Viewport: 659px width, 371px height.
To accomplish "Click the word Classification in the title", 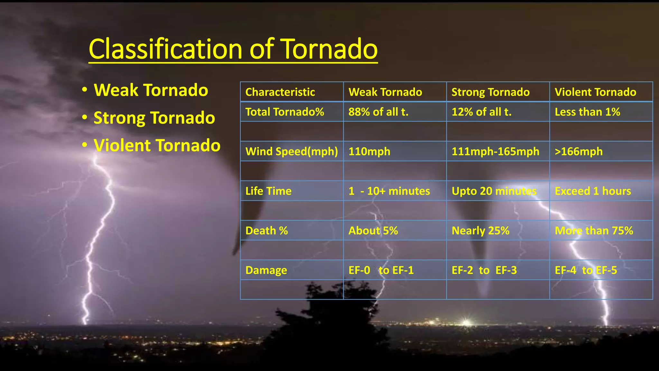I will tap(165, 49).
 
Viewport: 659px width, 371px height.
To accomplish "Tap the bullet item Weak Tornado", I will tap(151, 90).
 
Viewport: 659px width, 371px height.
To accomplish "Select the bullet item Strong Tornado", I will tap(154, 118).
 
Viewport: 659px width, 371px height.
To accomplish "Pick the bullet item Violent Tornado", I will tap(157, 146).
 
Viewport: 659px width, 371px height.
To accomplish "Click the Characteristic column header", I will tap(280, 92).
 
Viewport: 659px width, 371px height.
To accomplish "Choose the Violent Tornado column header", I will tap(595, 92).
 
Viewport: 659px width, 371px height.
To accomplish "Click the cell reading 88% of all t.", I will tap(378, 112).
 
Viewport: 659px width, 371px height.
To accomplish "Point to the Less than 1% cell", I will tap(587, 112).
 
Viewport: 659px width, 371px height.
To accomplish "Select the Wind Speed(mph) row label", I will tap(292, 151).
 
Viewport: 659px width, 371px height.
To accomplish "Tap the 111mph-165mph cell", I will tap(495, 151).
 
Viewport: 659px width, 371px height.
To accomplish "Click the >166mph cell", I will tap(579, 151).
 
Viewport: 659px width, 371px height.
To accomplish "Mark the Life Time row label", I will tap(268, 191).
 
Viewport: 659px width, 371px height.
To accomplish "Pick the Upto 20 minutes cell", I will tap(494, 191).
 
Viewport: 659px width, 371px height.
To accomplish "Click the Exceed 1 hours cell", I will tap(593, 191).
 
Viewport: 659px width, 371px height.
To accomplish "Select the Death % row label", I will tap(266, 231).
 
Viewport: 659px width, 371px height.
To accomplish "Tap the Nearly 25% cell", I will tap(480, 231).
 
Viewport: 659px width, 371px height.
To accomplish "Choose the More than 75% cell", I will tap(594, 231).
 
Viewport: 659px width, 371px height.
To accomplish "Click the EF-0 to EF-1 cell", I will tap(381, 270).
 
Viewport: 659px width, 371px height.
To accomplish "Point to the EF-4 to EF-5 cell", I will tap(586, 270).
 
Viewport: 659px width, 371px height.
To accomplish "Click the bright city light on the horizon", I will tap(466, 322).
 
